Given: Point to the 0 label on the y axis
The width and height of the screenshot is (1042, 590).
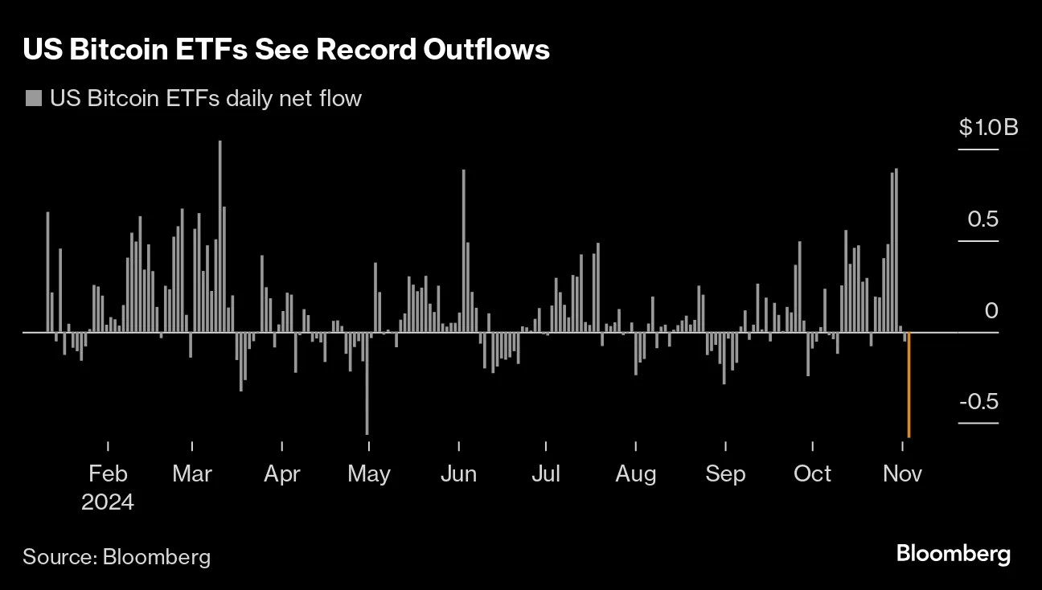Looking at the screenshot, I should [x=991, y=310].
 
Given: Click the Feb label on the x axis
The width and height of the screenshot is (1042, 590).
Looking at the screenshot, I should [x=108, y=473].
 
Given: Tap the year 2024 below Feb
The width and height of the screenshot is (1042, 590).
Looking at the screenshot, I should [x=108, y=502].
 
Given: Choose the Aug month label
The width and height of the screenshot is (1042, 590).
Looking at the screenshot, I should [x=635, y=473].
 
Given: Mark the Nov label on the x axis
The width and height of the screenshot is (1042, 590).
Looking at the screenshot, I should [x=902, y=473].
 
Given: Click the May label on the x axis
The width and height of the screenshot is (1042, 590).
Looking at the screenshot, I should [x=368, y=473].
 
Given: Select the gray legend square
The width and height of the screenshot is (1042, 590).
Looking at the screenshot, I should [x=33, y=99].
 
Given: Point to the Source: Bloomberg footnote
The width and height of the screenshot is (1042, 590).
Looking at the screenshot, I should [x=117, y=556].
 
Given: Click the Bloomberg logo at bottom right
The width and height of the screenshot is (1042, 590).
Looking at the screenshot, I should [x=953, y=554].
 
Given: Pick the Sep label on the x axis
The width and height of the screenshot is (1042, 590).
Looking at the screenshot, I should [x=725, y=473].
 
